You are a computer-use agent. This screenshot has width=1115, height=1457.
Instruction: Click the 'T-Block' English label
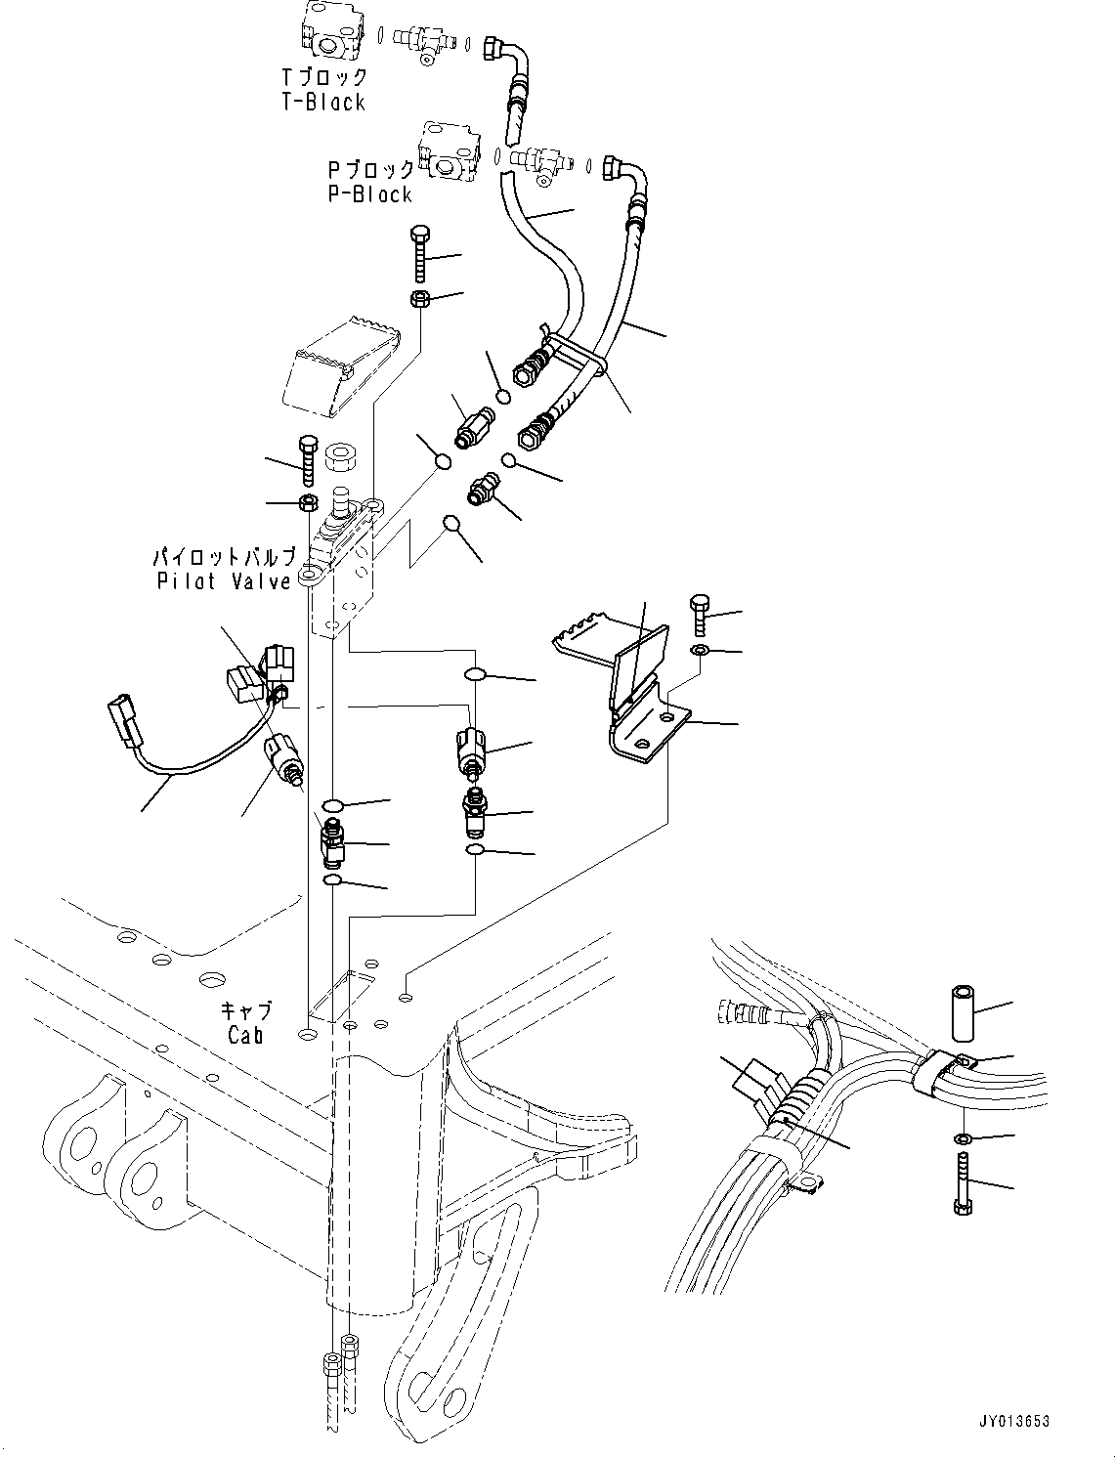coord(322,103)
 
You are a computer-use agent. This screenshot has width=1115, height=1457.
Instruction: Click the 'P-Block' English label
coord(369,194)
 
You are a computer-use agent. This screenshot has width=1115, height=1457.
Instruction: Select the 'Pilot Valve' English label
coord(224,581)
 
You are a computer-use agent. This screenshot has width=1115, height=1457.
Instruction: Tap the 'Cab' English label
coord(244,1034)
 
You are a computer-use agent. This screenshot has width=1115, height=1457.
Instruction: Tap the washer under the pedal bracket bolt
coord(701,650)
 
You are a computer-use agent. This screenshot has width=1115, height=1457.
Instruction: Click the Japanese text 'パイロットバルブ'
coord(224,558)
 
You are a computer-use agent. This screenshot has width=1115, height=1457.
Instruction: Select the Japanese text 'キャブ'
coord(245,1010)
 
